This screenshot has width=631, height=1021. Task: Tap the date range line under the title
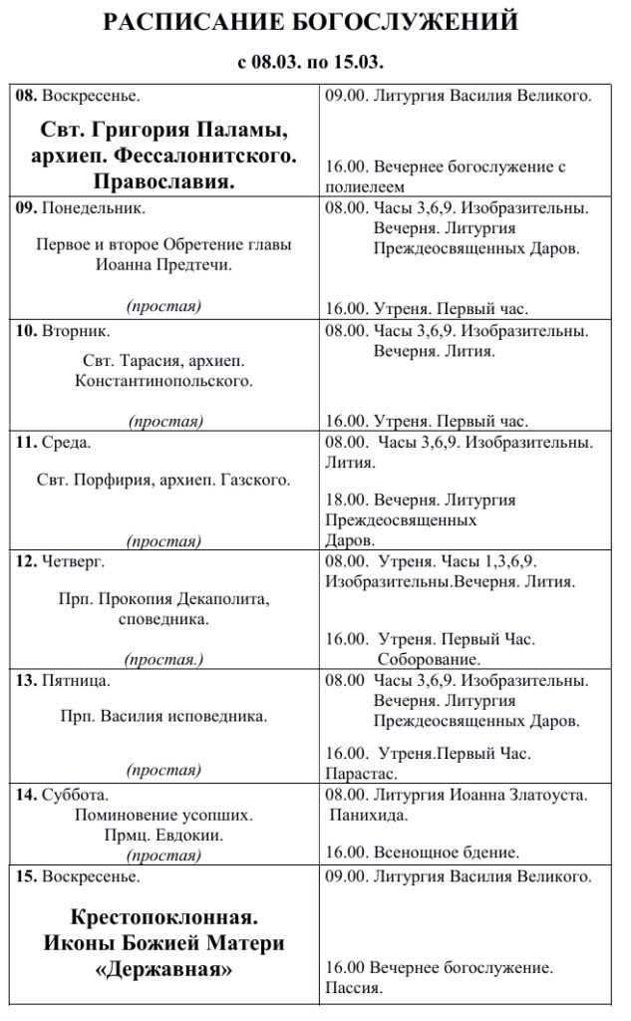[x=311, y=62]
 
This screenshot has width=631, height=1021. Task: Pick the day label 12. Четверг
[x=66, y=561]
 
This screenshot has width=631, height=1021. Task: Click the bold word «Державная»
[x=164, y=969]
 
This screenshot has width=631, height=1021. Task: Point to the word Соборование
[x=429, y=659]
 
